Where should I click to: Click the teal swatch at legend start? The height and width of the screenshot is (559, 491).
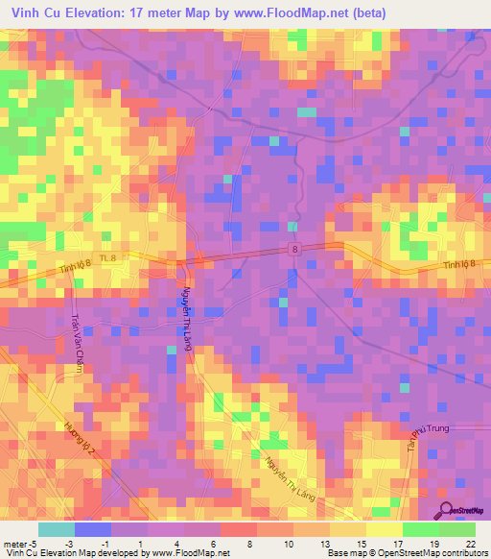pos(56,528)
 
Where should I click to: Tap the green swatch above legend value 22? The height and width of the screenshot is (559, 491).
pos(457,528)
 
